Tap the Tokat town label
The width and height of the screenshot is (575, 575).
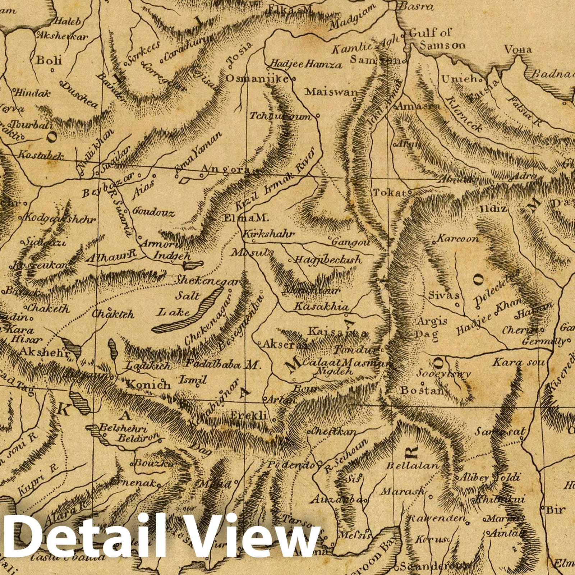(390, 193)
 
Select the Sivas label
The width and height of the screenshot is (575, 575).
(444, 295)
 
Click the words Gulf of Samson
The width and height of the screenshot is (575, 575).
(437, 39)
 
